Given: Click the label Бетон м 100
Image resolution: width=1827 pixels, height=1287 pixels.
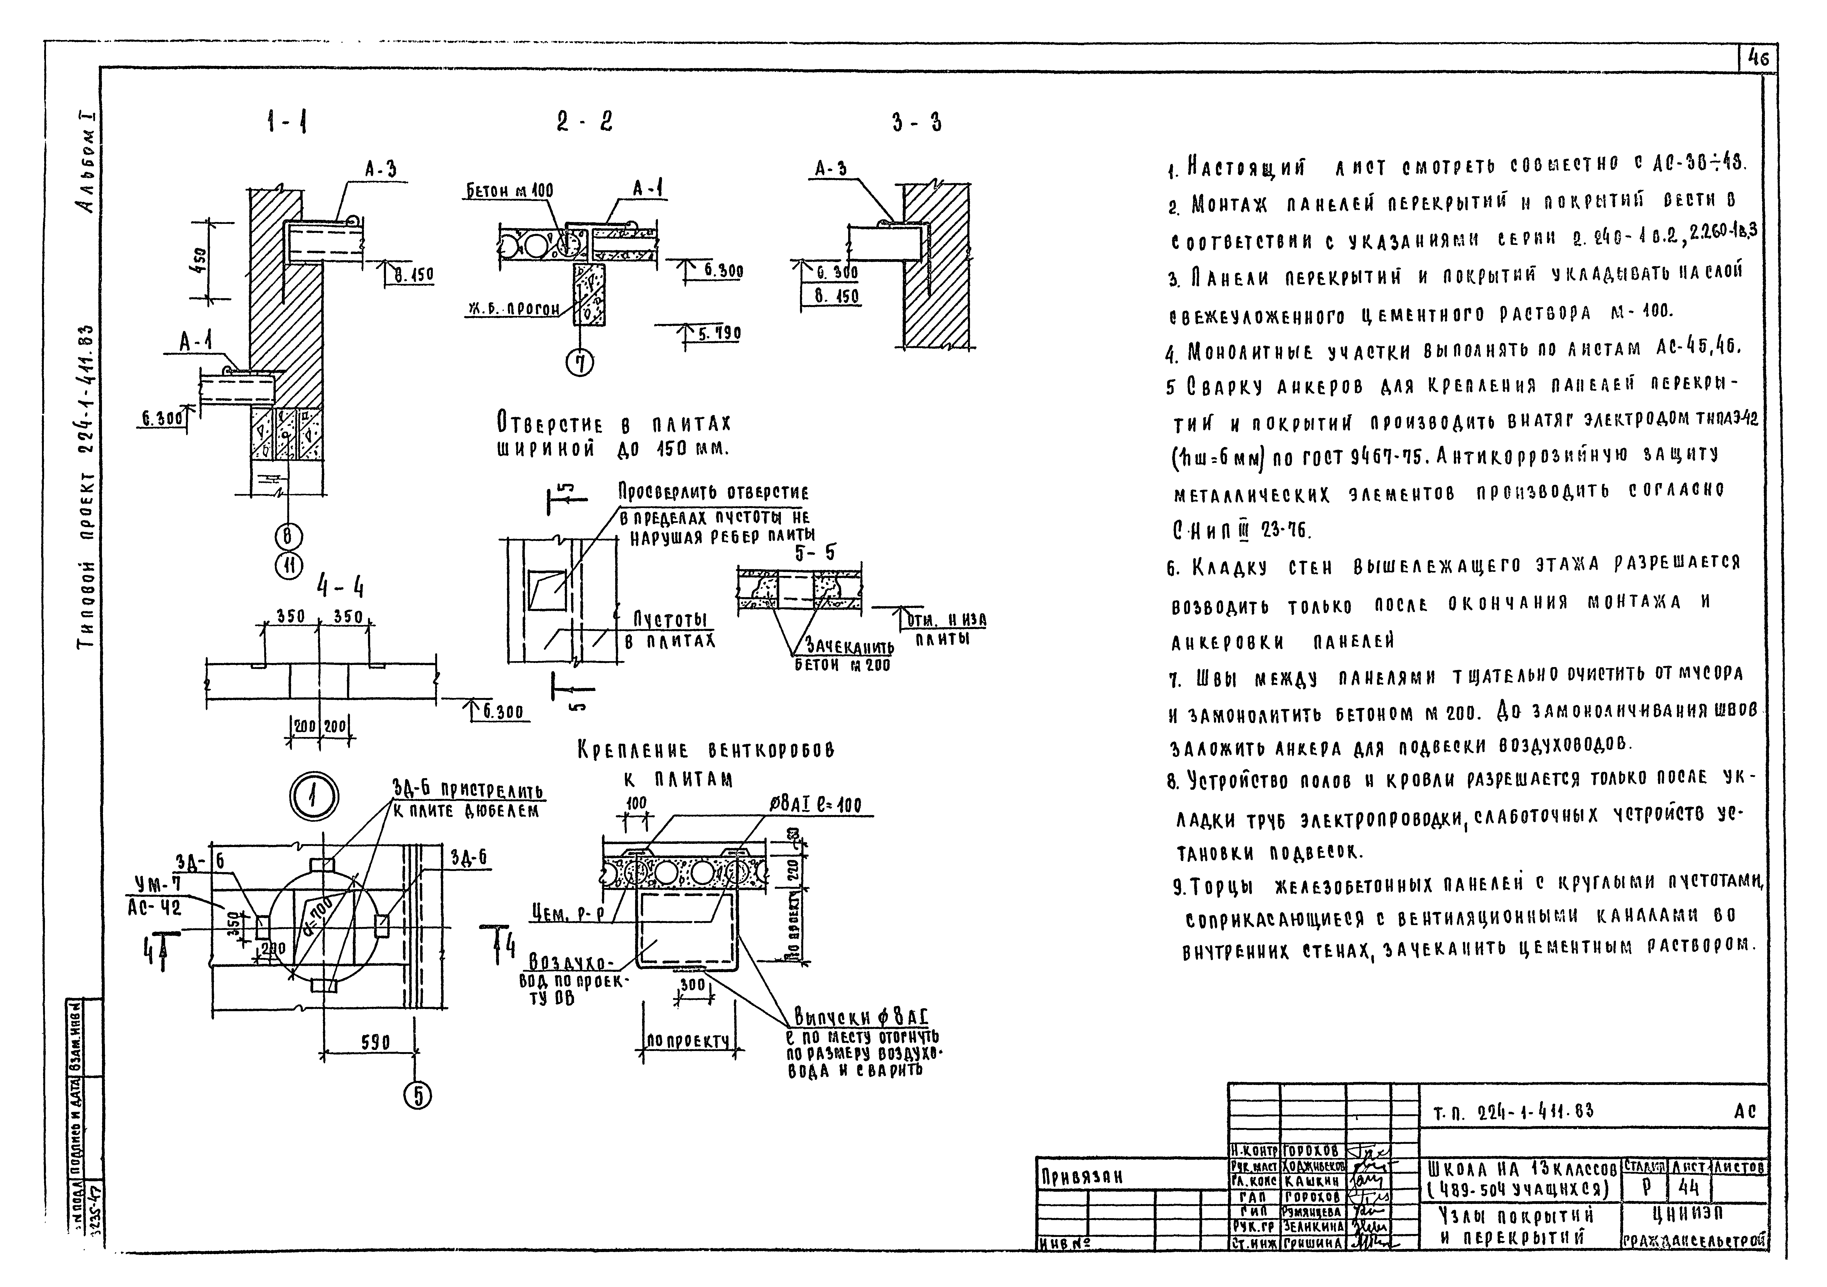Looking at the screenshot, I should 509,191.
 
